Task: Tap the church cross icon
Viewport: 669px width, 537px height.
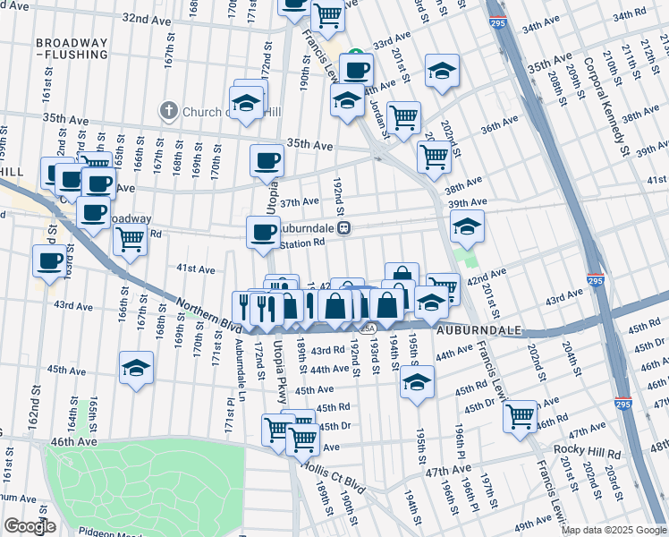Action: click(x=167, y=111)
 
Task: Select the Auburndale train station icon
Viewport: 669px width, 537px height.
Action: click(x=344, y=227)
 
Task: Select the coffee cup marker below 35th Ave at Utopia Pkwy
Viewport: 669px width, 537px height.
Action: click(x=267, y=161)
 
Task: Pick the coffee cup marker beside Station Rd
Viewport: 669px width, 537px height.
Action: click(x=263, y=233)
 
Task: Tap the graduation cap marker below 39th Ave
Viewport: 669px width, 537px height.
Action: click(x=467, y=227)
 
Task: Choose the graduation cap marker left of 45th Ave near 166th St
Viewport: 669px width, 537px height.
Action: click(x=136, y=368)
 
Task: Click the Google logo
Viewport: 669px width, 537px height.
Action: click(x=30, y=526)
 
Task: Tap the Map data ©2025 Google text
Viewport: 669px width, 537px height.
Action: click(x=614, y=530)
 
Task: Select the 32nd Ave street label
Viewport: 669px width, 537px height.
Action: click(x=147, y=18)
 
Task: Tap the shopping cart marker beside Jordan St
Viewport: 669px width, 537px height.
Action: click(x=404, y=116)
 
